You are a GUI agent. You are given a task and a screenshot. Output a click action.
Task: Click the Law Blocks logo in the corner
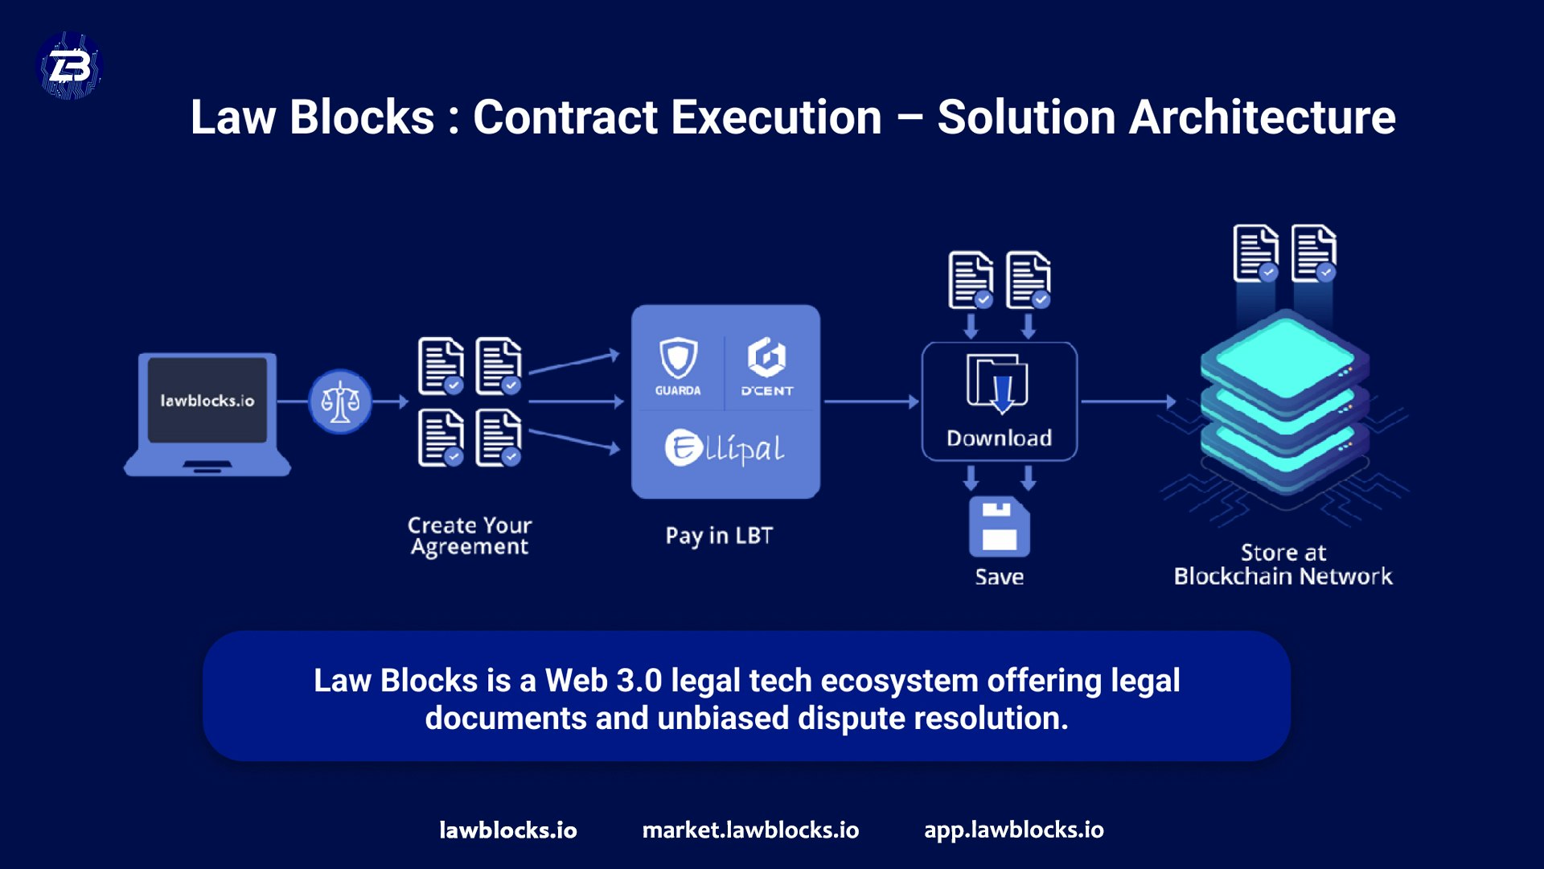coord(70,66)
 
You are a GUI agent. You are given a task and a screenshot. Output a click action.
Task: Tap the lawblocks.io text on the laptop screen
coord(207,401)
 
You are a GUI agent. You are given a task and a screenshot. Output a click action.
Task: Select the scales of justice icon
coord(340,401)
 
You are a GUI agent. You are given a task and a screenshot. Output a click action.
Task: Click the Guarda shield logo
coord(678,358)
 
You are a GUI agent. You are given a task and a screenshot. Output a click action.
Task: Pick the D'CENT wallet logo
coord(766,358)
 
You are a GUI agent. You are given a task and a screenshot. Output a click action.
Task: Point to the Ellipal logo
coord(724,448)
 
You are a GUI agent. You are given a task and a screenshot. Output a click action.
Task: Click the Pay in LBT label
coord(719,536)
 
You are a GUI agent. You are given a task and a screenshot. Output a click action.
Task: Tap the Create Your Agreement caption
coord(470,536)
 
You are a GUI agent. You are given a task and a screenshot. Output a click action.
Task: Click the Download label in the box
coord(999,439)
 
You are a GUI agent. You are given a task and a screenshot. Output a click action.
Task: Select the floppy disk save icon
coord(999,527)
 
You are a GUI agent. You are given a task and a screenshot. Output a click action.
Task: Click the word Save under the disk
coord(999,577)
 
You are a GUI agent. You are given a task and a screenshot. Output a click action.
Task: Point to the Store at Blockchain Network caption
coord(1283,564)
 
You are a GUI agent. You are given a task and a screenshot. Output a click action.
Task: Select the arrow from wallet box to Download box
coord(871,401)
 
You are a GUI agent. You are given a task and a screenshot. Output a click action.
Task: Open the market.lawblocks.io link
coord(750,830)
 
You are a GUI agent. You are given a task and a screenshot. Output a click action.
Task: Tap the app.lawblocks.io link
coord(1013,830)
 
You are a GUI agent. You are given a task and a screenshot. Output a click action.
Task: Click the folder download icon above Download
coord(997,382)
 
